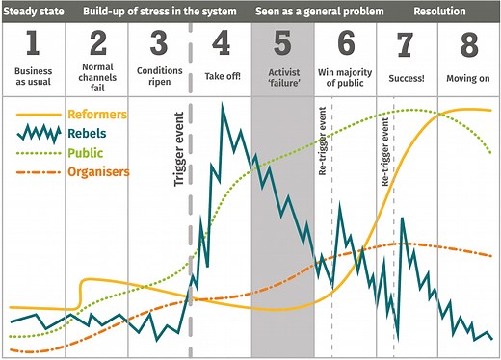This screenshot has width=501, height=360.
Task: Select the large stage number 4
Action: (221, 44)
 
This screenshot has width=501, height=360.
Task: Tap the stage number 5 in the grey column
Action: (282, 44)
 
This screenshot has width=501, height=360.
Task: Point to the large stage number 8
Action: (468, 44)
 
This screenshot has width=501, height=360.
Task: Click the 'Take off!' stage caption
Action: (221, 75)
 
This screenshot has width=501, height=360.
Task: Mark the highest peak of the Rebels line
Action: (223, 104)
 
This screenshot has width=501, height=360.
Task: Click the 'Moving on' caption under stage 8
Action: (468, 75)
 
